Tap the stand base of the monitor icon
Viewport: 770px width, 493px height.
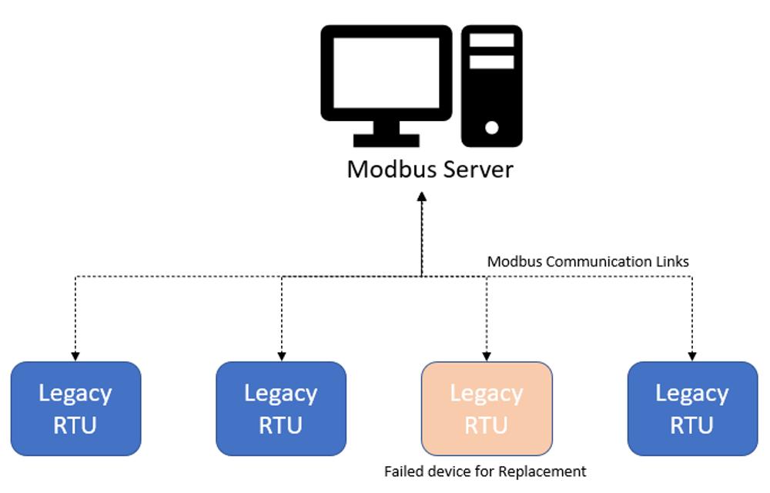[387, 140]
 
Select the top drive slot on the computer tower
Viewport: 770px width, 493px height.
[491, 40]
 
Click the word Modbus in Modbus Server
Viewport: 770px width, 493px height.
[386, 169]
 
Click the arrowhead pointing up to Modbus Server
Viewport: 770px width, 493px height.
[422, 197]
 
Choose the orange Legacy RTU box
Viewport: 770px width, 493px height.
[487, 408]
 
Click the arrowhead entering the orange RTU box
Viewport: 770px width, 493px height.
[487, 357]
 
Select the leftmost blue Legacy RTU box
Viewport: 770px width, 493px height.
[76, 408]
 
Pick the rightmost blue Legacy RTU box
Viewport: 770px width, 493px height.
[692, 408]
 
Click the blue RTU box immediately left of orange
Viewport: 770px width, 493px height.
[281, 408]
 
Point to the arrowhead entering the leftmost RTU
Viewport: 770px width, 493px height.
[75, 357]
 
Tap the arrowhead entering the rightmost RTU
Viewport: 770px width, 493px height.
[692, 357]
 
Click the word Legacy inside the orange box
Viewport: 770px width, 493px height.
[487, 393]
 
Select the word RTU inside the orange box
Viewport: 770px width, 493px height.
[487, 424]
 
